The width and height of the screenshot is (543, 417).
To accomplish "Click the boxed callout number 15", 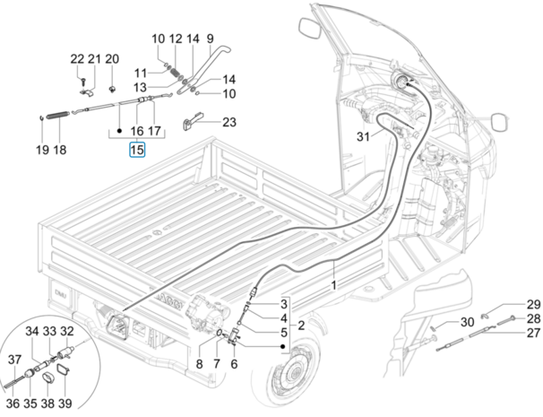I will [x=136, y=150].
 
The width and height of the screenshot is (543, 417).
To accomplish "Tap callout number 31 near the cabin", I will [x=361, y=137].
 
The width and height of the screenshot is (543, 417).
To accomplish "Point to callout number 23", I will [x=230, y=122].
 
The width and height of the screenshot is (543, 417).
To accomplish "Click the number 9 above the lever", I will [x=210, y=39].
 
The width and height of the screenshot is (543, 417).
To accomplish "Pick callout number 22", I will [x=77, y=59].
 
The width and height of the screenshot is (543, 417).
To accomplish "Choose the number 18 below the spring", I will [x=60, y=150].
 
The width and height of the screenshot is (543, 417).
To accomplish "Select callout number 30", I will [x=467, y=323].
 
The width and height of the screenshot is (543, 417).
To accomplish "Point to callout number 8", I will [x=199, y=363].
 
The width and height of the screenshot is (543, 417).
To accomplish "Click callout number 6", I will [x=234, y=363].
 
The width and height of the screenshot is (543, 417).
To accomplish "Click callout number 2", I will [x=301, y=325].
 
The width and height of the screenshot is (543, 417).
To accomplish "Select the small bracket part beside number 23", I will [x=192, y=121].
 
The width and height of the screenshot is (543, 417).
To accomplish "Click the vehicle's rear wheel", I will [x=287, y=377].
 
